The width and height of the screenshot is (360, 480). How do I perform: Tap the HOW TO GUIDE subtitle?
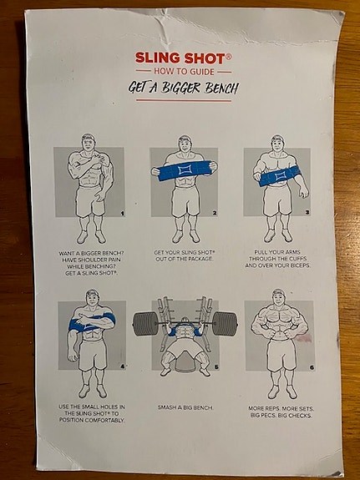184,72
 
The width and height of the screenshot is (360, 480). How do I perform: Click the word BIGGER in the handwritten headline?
180,88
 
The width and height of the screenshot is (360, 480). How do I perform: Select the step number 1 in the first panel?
123,214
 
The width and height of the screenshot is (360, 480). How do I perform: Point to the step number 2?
215,213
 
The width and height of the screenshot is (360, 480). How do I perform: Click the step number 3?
307,212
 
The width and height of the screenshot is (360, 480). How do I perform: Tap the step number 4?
123,366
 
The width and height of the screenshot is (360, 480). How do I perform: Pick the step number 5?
216,366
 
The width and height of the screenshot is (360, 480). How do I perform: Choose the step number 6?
312,367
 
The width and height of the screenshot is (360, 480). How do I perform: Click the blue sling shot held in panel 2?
185,170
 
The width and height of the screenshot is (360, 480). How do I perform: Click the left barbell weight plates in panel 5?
145,324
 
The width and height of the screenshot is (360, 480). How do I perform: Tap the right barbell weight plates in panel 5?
226,324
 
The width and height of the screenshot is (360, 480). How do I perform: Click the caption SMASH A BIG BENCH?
185,407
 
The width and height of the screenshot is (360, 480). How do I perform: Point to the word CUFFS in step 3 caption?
296,259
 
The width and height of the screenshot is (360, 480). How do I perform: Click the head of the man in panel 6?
279,297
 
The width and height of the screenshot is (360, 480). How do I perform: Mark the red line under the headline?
184,100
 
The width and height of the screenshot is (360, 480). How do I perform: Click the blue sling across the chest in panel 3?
280,175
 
